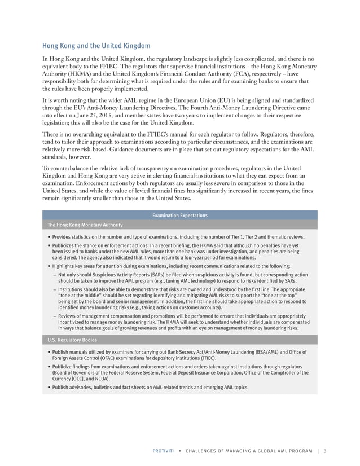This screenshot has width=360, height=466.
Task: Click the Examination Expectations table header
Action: point(180,216)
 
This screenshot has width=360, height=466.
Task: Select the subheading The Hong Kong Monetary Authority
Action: point(85,225)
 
